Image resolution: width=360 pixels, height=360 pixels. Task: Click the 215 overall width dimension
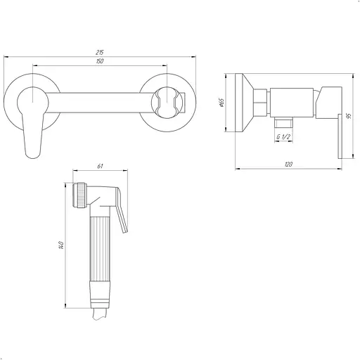pos(100,52)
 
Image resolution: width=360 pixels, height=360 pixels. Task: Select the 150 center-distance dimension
pos(100,61)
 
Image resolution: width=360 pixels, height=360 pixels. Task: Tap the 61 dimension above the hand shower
pos(100,166)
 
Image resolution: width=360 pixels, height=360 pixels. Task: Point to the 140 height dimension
pos(61,245)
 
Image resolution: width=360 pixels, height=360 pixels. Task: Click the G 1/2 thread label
pos(283,137)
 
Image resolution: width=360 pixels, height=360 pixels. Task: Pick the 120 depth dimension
pos(288,165)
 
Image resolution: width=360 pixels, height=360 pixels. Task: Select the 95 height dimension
pos(349,116)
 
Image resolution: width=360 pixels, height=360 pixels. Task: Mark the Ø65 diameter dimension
pos(221,103)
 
